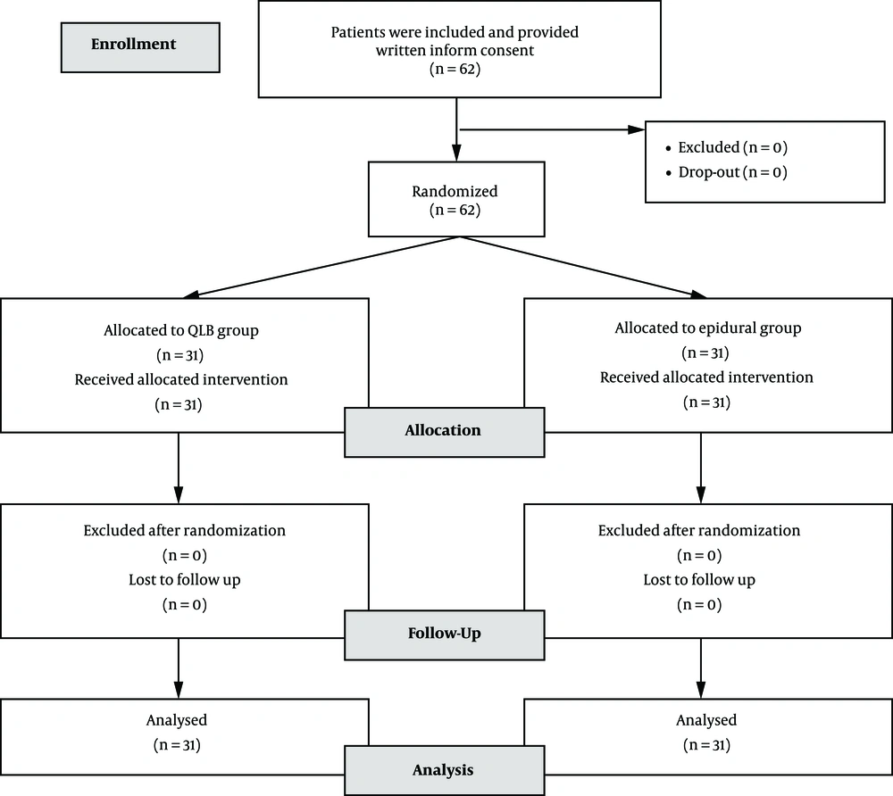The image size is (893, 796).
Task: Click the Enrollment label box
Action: click(140, 47)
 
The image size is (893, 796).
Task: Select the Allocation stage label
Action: click(444, 432)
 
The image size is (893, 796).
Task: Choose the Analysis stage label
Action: click(444, 770)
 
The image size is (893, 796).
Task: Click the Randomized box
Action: click(456, 199)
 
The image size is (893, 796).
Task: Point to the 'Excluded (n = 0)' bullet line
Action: click(727, 147)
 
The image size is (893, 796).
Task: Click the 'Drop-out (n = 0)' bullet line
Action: click(727, 172)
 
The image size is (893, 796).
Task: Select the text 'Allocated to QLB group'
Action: click(181, 330)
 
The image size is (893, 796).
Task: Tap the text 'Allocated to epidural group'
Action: click(708, 328)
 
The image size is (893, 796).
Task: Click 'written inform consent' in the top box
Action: click(455, 50)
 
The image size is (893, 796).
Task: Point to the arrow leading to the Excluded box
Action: click(552, 129)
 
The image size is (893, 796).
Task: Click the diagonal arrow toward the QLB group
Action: click(321, 267)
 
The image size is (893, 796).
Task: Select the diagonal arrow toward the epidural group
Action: click(583, 267)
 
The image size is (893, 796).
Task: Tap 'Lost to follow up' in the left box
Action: click(185, 580)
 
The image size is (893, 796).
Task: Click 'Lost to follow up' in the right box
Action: click(699, 580)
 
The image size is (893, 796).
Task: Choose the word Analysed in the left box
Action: click(177, 720)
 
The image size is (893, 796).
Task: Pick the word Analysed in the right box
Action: click(706, 720)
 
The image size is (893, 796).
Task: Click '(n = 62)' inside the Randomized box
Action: click(455, 210)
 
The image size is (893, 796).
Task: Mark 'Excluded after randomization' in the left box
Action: click(185, 530)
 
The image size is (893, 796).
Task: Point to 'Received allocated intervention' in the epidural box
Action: click(706, 377)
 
